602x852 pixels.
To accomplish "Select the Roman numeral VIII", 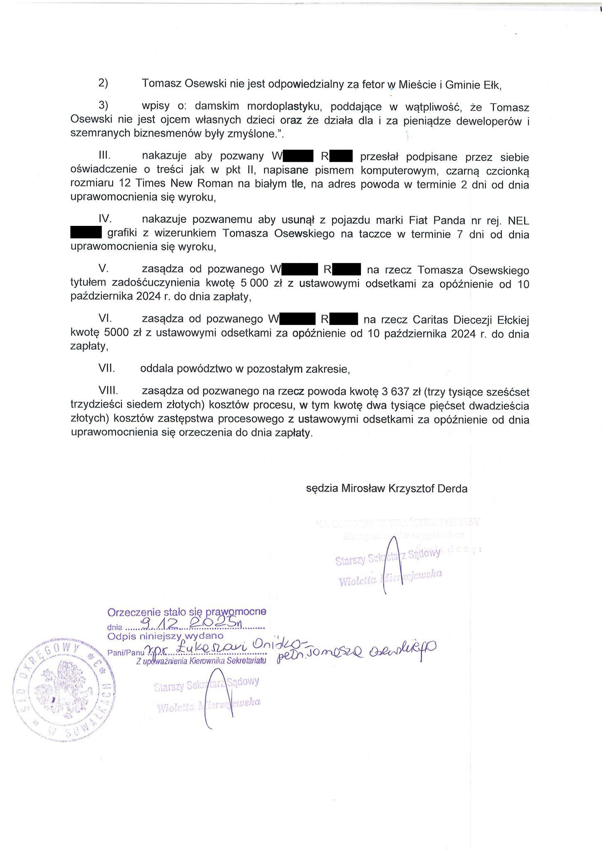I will pos(109,391).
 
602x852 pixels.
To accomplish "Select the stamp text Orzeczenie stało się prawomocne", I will pos(187,612).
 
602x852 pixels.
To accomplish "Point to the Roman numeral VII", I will pos(106,369).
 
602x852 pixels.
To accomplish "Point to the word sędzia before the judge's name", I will pos(322,488).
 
